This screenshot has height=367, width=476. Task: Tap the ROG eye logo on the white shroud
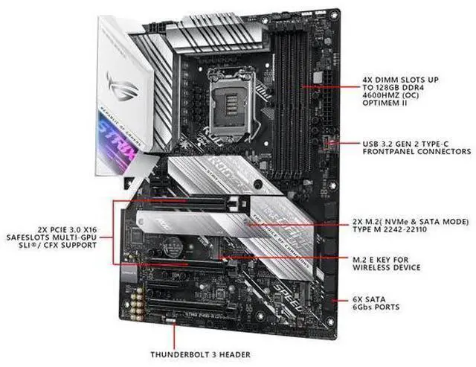(x=122, y=82)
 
